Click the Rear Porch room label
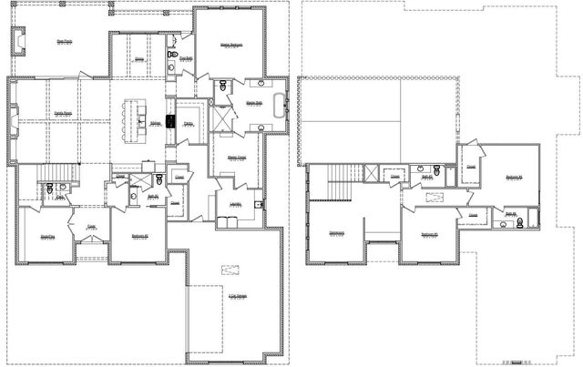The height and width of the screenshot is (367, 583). [x=64, y=42]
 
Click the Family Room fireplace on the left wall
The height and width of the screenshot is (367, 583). [x=14, y=115]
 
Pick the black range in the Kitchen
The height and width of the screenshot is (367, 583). [x=170, y=119]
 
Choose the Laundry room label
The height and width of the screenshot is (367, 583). [x=235, y=204]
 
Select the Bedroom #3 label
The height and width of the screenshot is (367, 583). [x=430, y=235]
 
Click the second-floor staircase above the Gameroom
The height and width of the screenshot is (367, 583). [x=340, y=176]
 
